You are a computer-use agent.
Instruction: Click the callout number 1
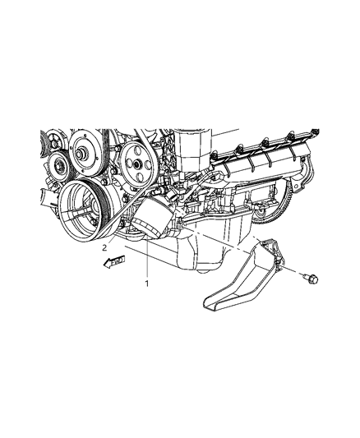tap(147, 284)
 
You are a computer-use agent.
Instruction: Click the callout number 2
tap(104, 247)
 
